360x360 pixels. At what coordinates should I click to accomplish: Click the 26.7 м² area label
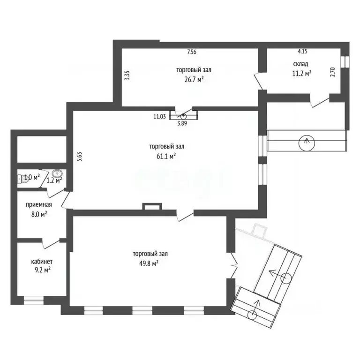click(194, 79)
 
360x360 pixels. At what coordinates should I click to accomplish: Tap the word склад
click(300, 64)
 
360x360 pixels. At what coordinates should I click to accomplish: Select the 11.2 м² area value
click(302, 74)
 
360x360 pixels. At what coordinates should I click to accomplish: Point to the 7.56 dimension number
click(192, 52)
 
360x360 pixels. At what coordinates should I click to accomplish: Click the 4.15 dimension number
click(303, 51)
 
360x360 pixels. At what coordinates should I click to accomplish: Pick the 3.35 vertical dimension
click(127, 75)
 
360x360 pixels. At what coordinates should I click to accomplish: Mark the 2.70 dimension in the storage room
click(333, 72)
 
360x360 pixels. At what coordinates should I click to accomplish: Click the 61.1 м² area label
click(166, 157)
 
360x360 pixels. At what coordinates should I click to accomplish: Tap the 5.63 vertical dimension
click(80, 157)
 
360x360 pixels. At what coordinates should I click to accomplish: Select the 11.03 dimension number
click(159, 116)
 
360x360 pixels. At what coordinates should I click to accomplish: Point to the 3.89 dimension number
click(182, 123)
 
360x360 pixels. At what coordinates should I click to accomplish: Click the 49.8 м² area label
click(149, 263)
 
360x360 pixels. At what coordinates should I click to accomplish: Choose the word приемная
click(39, 204)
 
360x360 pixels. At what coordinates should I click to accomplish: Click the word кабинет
click(42, 262)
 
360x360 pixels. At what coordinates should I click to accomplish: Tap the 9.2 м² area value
click(43, 270)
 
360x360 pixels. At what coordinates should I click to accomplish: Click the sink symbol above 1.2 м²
click(57, 173)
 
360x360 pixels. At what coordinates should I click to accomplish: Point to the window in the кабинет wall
click(34, 300)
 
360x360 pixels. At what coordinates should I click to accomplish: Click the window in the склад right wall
click(345, 62)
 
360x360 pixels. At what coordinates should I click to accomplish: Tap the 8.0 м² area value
click(39, 214)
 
